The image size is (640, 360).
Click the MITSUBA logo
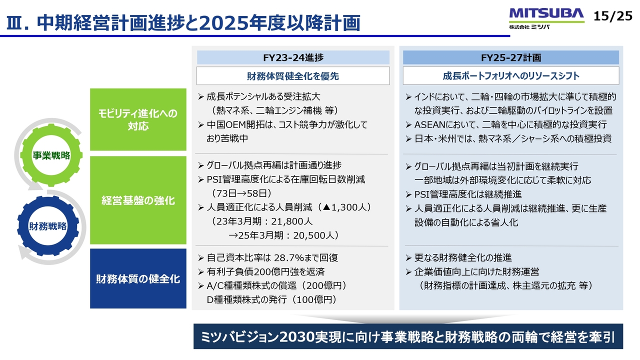[546, 18]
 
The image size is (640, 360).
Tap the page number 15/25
[613, 16]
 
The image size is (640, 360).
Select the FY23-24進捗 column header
[293, 57]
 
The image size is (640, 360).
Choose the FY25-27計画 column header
[511, 57]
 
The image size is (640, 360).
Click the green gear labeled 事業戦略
[51, 155]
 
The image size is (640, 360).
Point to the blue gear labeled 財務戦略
[47, 226]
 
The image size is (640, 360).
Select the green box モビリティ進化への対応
[138, 119]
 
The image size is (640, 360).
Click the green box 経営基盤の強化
[138, 200]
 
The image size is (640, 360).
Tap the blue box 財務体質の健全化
[138, 278]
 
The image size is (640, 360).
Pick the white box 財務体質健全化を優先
[293, 76]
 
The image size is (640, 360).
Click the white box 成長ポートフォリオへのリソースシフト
[511, 76]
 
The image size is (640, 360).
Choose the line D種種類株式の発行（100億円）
[271, 299]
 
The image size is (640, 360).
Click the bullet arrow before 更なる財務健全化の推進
[408, 258]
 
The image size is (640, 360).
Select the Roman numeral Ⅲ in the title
[14, 23]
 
